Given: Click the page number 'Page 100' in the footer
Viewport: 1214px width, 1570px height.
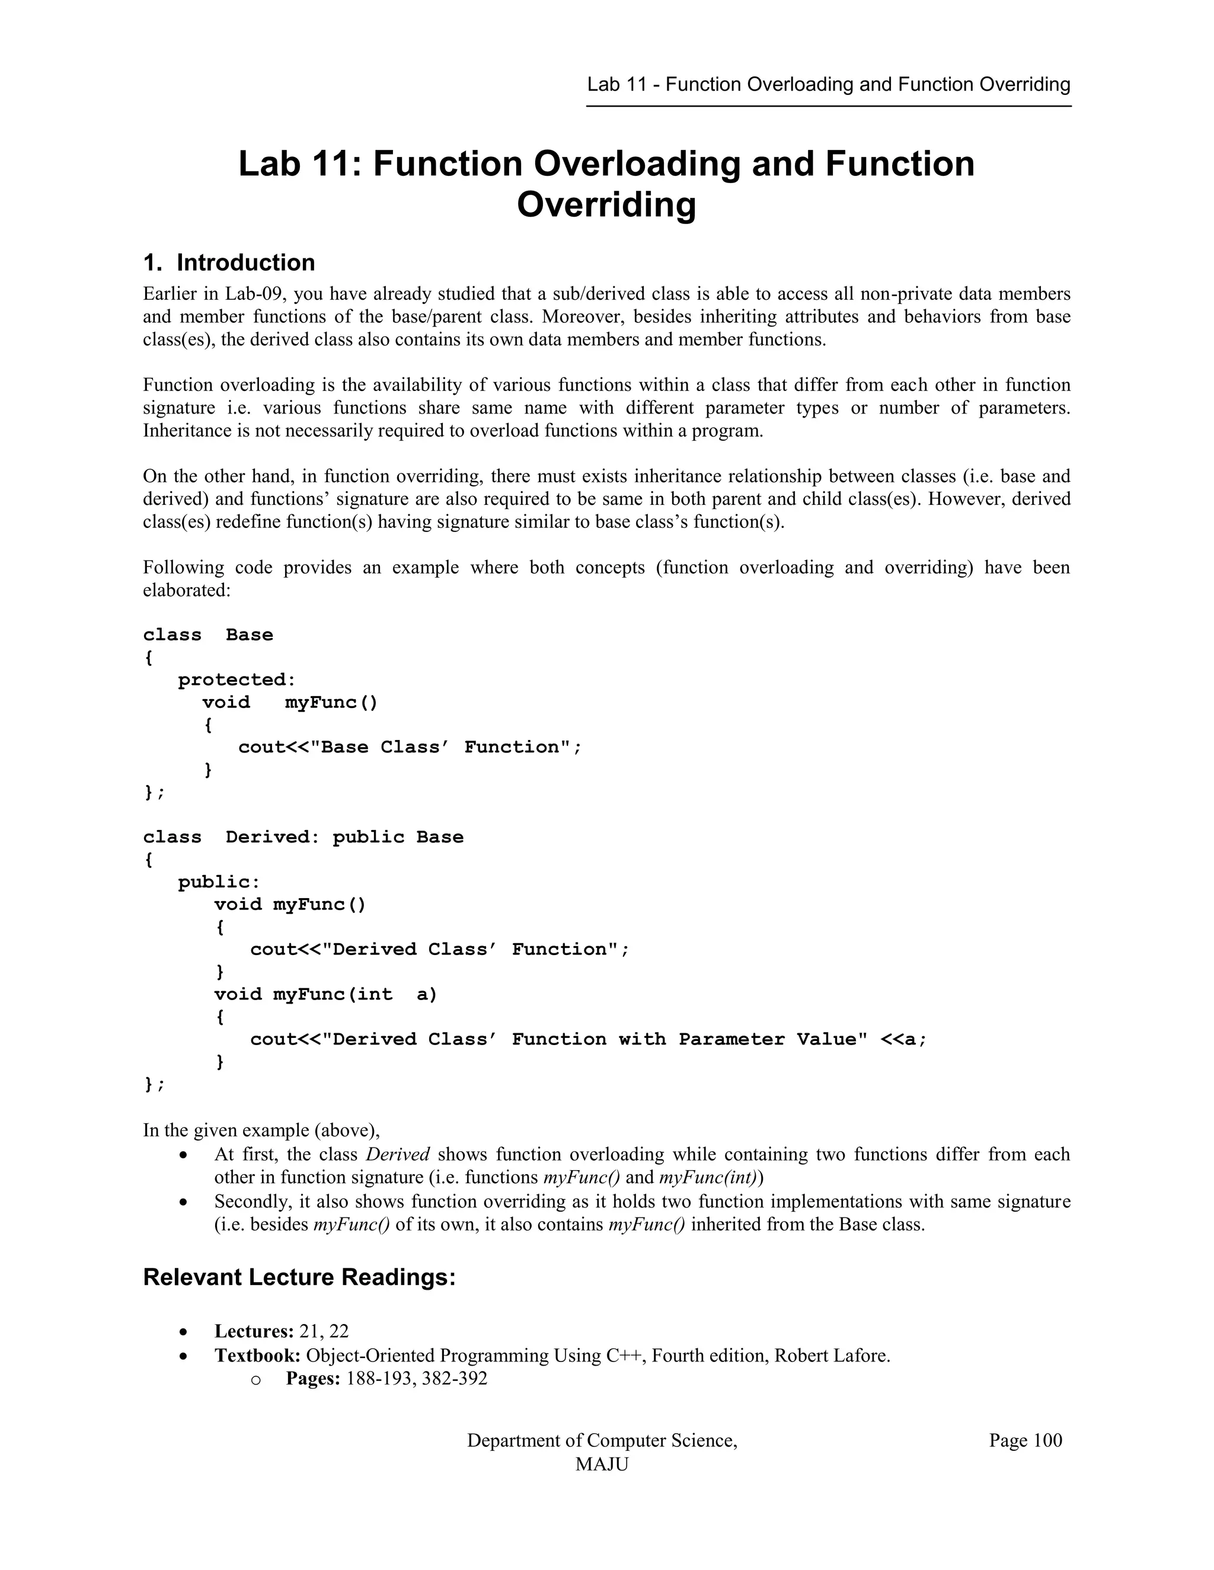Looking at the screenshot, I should point(1025,1440).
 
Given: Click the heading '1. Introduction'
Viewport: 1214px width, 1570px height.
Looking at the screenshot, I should point(229,262).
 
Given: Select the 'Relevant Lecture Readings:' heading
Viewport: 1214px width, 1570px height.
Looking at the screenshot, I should point(299,1277).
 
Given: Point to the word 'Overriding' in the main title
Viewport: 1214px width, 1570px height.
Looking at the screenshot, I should point(606,205).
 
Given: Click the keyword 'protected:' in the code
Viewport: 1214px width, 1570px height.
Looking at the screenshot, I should point(237,680).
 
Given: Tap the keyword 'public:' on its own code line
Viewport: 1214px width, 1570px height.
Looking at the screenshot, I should point(219,882).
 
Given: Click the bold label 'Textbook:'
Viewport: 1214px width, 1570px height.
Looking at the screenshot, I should point(257,1356).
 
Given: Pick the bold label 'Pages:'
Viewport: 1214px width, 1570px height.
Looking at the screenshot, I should point(313,1379).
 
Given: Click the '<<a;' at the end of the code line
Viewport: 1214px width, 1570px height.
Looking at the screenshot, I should point(904,1040).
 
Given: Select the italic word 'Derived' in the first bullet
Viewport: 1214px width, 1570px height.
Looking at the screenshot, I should point(398,1155).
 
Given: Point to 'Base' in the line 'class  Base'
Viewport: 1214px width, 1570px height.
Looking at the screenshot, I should point(249,635).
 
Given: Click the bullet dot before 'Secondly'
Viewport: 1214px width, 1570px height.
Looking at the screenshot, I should point(185,1202).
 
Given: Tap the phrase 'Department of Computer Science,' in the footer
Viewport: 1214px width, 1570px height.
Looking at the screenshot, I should point(602,1440).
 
